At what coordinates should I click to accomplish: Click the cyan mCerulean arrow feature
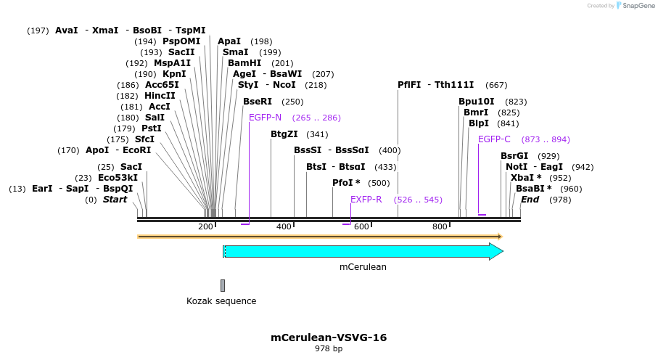pyautogui.click(x=363, y=251)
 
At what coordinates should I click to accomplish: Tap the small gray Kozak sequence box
pyautogui.click(x=223, y=285)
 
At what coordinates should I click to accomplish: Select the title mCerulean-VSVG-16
pyautogui.click(x=329, y=337)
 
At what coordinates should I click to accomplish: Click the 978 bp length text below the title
pyautogui.click(x=329, y=349)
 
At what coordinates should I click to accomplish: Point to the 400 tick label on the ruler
pyautogui.click(x=284, y=227)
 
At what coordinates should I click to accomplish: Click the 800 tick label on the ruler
pyautogui.click(x=440, y=227)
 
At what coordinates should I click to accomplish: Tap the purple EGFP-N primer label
pyautogui.click(x=265, y=118)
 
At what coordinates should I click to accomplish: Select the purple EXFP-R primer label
pyautogui.click(x=366, y=200)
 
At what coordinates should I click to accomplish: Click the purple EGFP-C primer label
pyautogui.click(x=494, y=139)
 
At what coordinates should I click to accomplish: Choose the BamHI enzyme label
pyautogui.click(x=244, y=63)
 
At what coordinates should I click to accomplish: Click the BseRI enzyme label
pyautogui.click(x=258, y=102)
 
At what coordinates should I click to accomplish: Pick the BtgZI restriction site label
pyautogui.click(x=284, y=134)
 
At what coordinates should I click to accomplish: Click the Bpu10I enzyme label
pyautogui.click(x=477, y=102)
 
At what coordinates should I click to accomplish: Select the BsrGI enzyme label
pyautogui.click(x=514, y=156)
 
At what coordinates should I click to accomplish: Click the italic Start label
pyautogui.click(x=115, y=200)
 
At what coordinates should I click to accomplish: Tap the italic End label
pyautogui.click(x=530, y=200)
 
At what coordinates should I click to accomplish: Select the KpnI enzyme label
pyautogui.click(x=174, y=74)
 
